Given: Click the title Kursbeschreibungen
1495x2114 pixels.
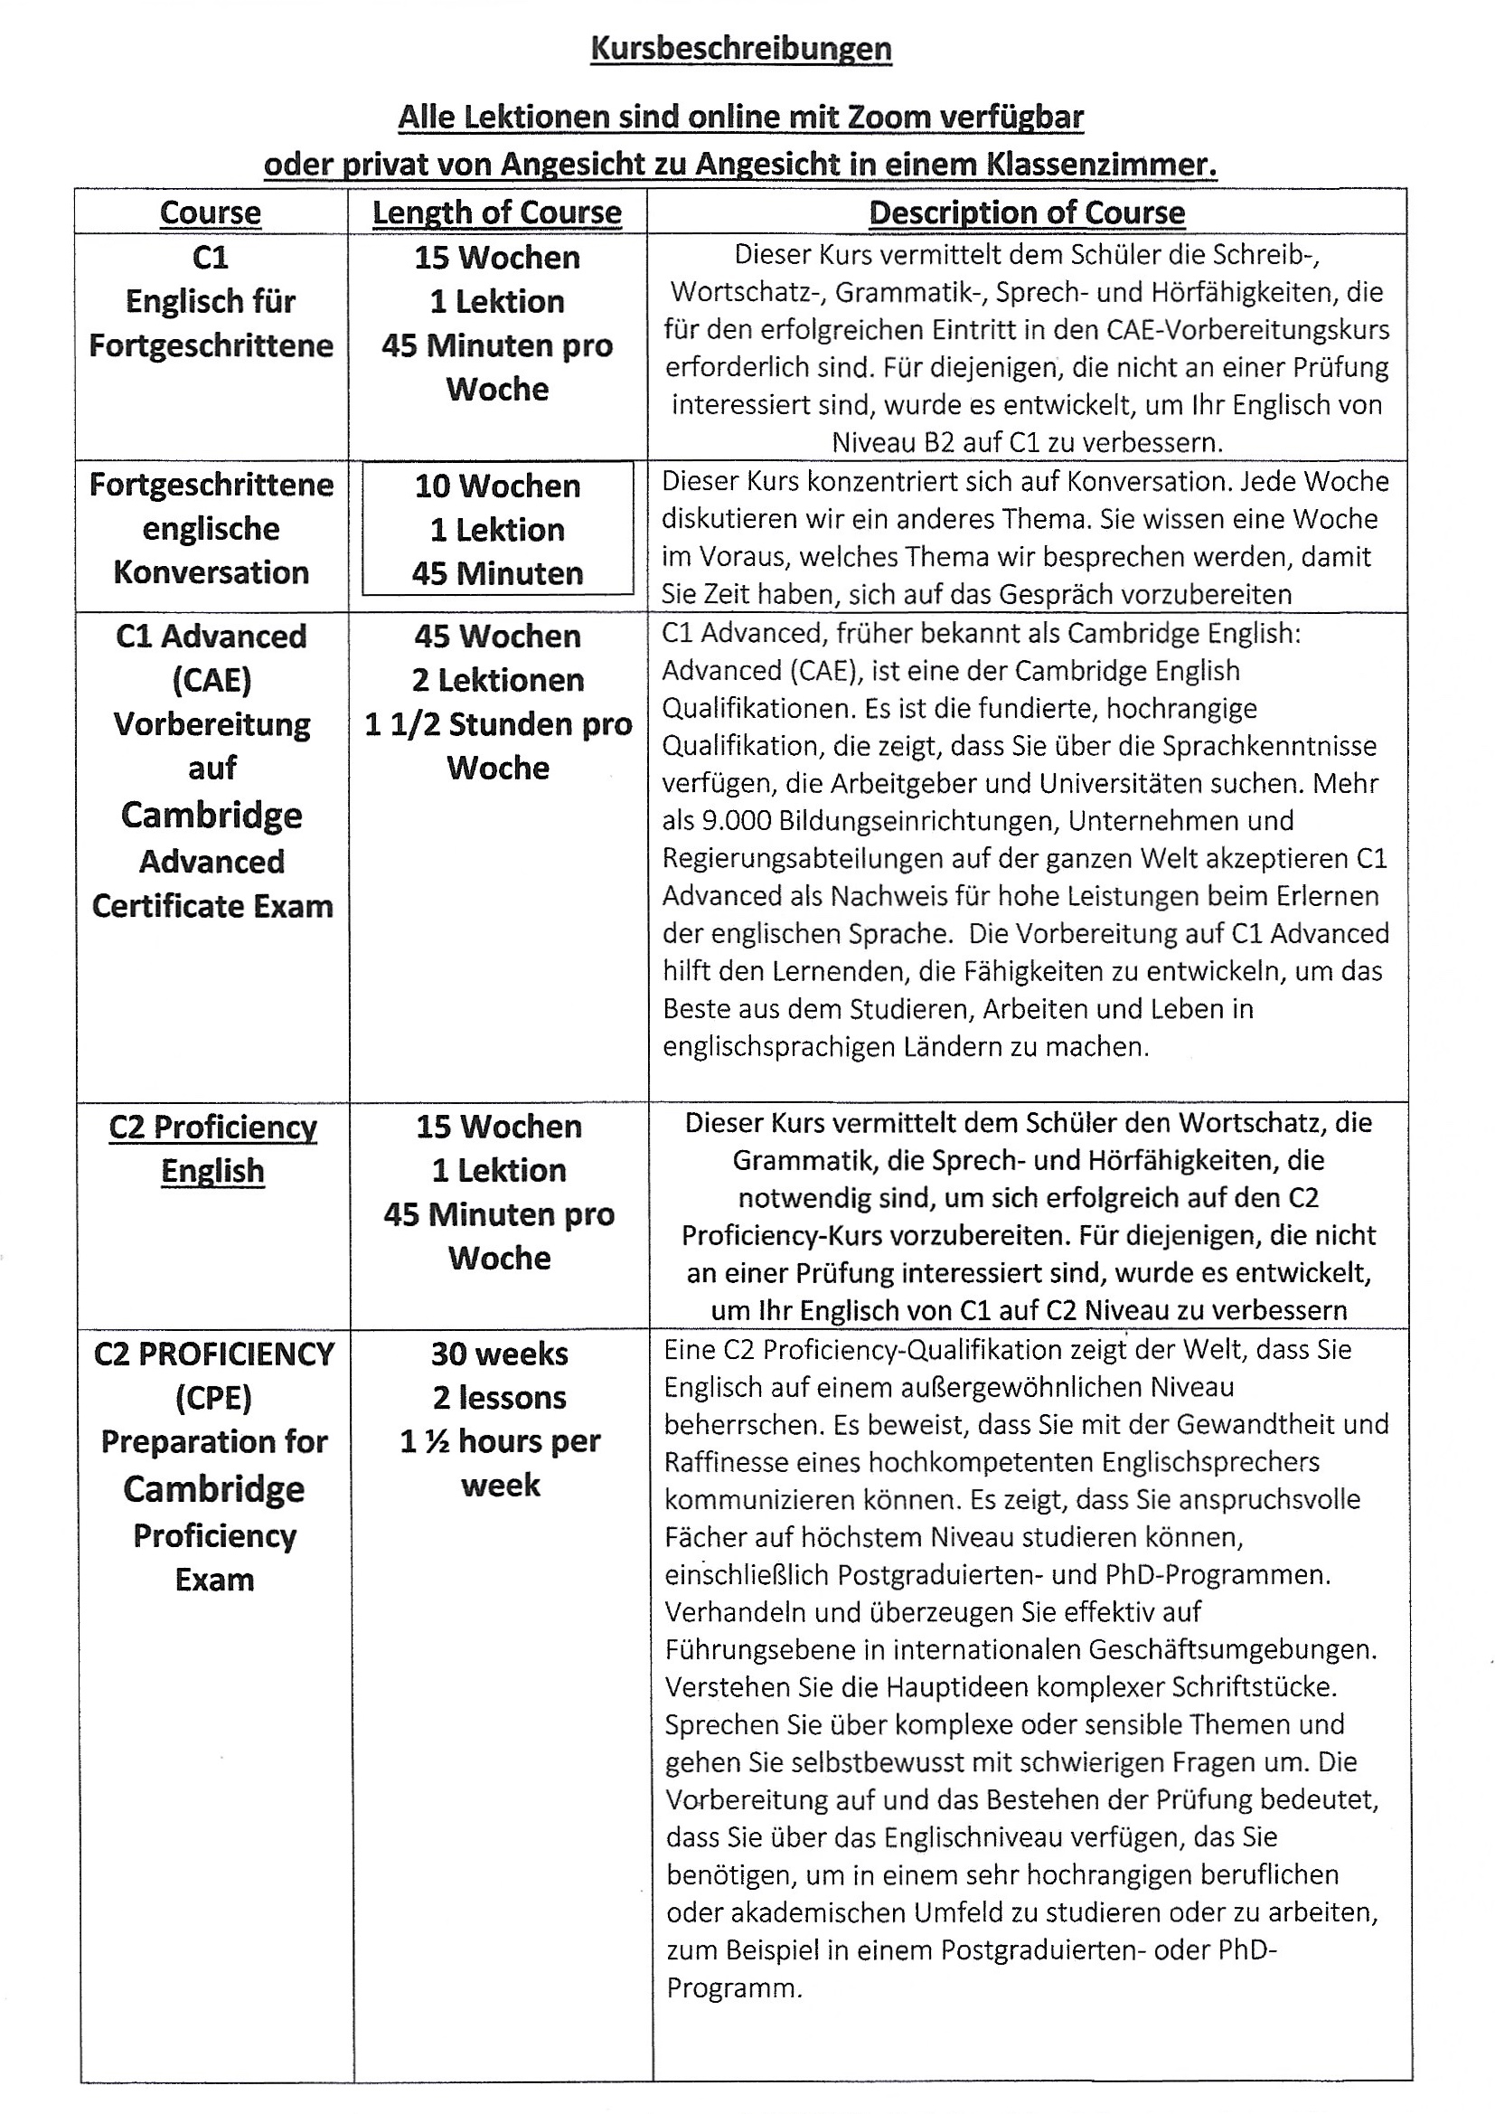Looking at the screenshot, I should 741,49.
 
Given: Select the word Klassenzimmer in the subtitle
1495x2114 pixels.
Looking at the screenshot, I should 1101,165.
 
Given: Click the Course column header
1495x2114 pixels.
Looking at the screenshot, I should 210,212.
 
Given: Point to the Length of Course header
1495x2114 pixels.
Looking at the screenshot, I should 497,212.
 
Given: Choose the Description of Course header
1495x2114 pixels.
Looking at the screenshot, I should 1027,212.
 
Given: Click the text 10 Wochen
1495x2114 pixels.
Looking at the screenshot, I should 497,486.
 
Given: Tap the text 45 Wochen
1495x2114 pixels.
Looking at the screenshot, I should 497,637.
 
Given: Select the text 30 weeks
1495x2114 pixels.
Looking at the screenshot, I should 500,1354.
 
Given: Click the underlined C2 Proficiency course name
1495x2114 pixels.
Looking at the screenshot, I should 212,1128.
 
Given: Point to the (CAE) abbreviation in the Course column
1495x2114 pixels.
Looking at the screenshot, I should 212,681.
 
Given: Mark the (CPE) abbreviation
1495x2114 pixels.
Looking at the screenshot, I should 213,1398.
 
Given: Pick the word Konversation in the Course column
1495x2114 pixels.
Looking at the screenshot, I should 211,572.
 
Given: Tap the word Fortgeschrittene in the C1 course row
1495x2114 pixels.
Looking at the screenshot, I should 211,346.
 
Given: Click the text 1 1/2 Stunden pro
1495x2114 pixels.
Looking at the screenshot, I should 498,724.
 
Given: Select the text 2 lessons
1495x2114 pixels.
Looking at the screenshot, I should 500,1398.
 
